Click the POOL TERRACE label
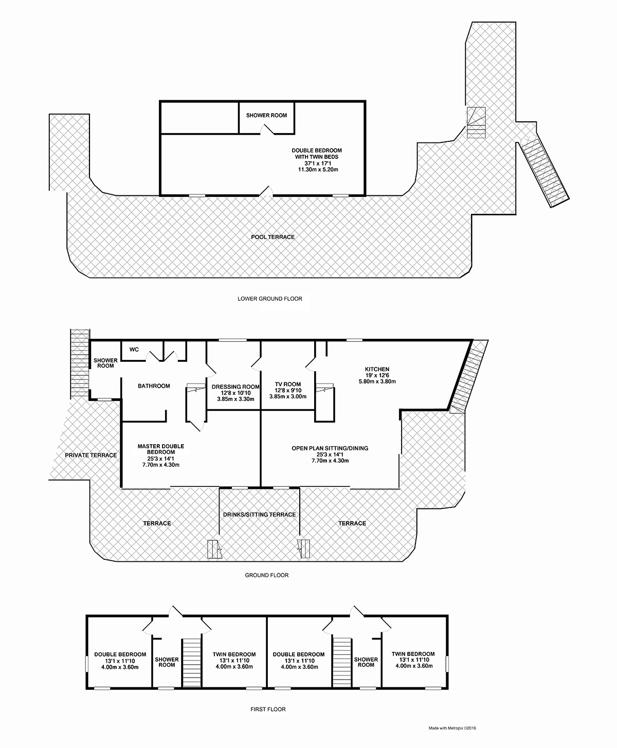273,237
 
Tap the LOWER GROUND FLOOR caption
270,298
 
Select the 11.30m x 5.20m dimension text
318,170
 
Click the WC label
134,349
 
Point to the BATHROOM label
154,386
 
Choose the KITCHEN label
377,369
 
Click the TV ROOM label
288,384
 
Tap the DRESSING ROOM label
235,387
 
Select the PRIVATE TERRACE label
90,455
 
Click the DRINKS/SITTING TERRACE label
260,515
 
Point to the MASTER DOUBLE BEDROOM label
161,449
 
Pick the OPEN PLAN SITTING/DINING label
330,448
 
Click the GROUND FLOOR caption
266,575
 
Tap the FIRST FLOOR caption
268,709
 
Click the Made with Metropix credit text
452,728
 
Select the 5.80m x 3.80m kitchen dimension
377,381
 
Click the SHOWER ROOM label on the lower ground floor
266,115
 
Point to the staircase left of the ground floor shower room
80,363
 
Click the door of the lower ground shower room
266,130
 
